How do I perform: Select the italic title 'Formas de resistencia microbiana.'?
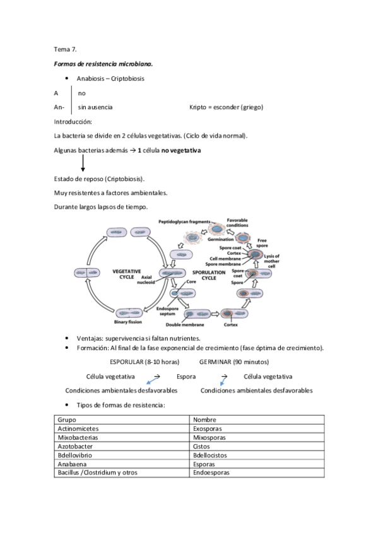103,64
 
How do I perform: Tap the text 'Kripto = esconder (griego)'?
226,107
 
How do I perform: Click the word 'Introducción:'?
73,122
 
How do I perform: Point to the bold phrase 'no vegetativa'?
180,151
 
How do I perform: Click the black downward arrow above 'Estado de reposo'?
83,165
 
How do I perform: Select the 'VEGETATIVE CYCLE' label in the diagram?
126,273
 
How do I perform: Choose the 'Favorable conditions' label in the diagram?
237,223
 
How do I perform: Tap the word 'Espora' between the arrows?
186,377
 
